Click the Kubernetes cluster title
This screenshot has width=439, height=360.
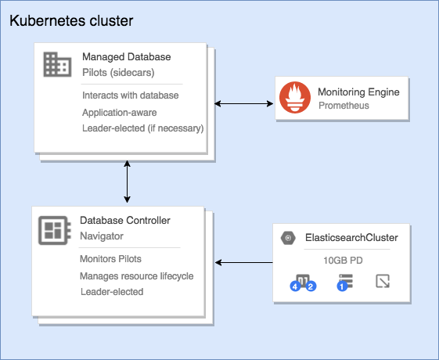pos(71,21)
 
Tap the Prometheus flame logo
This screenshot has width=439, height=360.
pos(295,97)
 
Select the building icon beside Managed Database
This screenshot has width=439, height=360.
pos(57,64)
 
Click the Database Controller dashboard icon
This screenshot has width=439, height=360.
pos(54,230)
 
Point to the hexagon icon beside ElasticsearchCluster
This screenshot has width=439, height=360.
pos(288,238)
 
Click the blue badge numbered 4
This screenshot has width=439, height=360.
pos(295,286)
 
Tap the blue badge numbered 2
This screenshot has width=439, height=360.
pos(311,286)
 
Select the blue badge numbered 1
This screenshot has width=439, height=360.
pos(342,286)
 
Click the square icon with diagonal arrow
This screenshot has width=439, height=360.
pos(383,281)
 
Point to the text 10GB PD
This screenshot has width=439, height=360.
pos(343,261)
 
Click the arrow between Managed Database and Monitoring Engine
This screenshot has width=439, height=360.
pos(244,104)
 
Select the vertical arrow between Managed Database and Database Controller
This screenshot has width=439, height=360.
pos(127,182)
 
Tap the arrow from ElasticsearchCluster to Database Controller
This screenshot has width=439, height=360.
pos(244,263)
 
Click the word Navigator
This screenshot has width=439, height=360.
pos(102,236)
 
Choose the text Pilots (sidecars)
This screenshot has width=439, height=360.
pos(118,73)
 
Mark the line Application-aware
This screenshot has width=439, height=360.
pos(120,113)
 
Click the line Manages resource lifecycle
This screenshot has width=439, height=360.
pos(137,276)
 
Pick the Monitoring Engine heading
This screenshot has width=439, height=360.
pos(358,92)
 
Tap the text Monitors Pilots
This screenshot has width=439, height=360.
pos(110,259)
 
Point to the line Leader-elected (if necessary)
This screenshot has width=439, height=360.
pos(143,128)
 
